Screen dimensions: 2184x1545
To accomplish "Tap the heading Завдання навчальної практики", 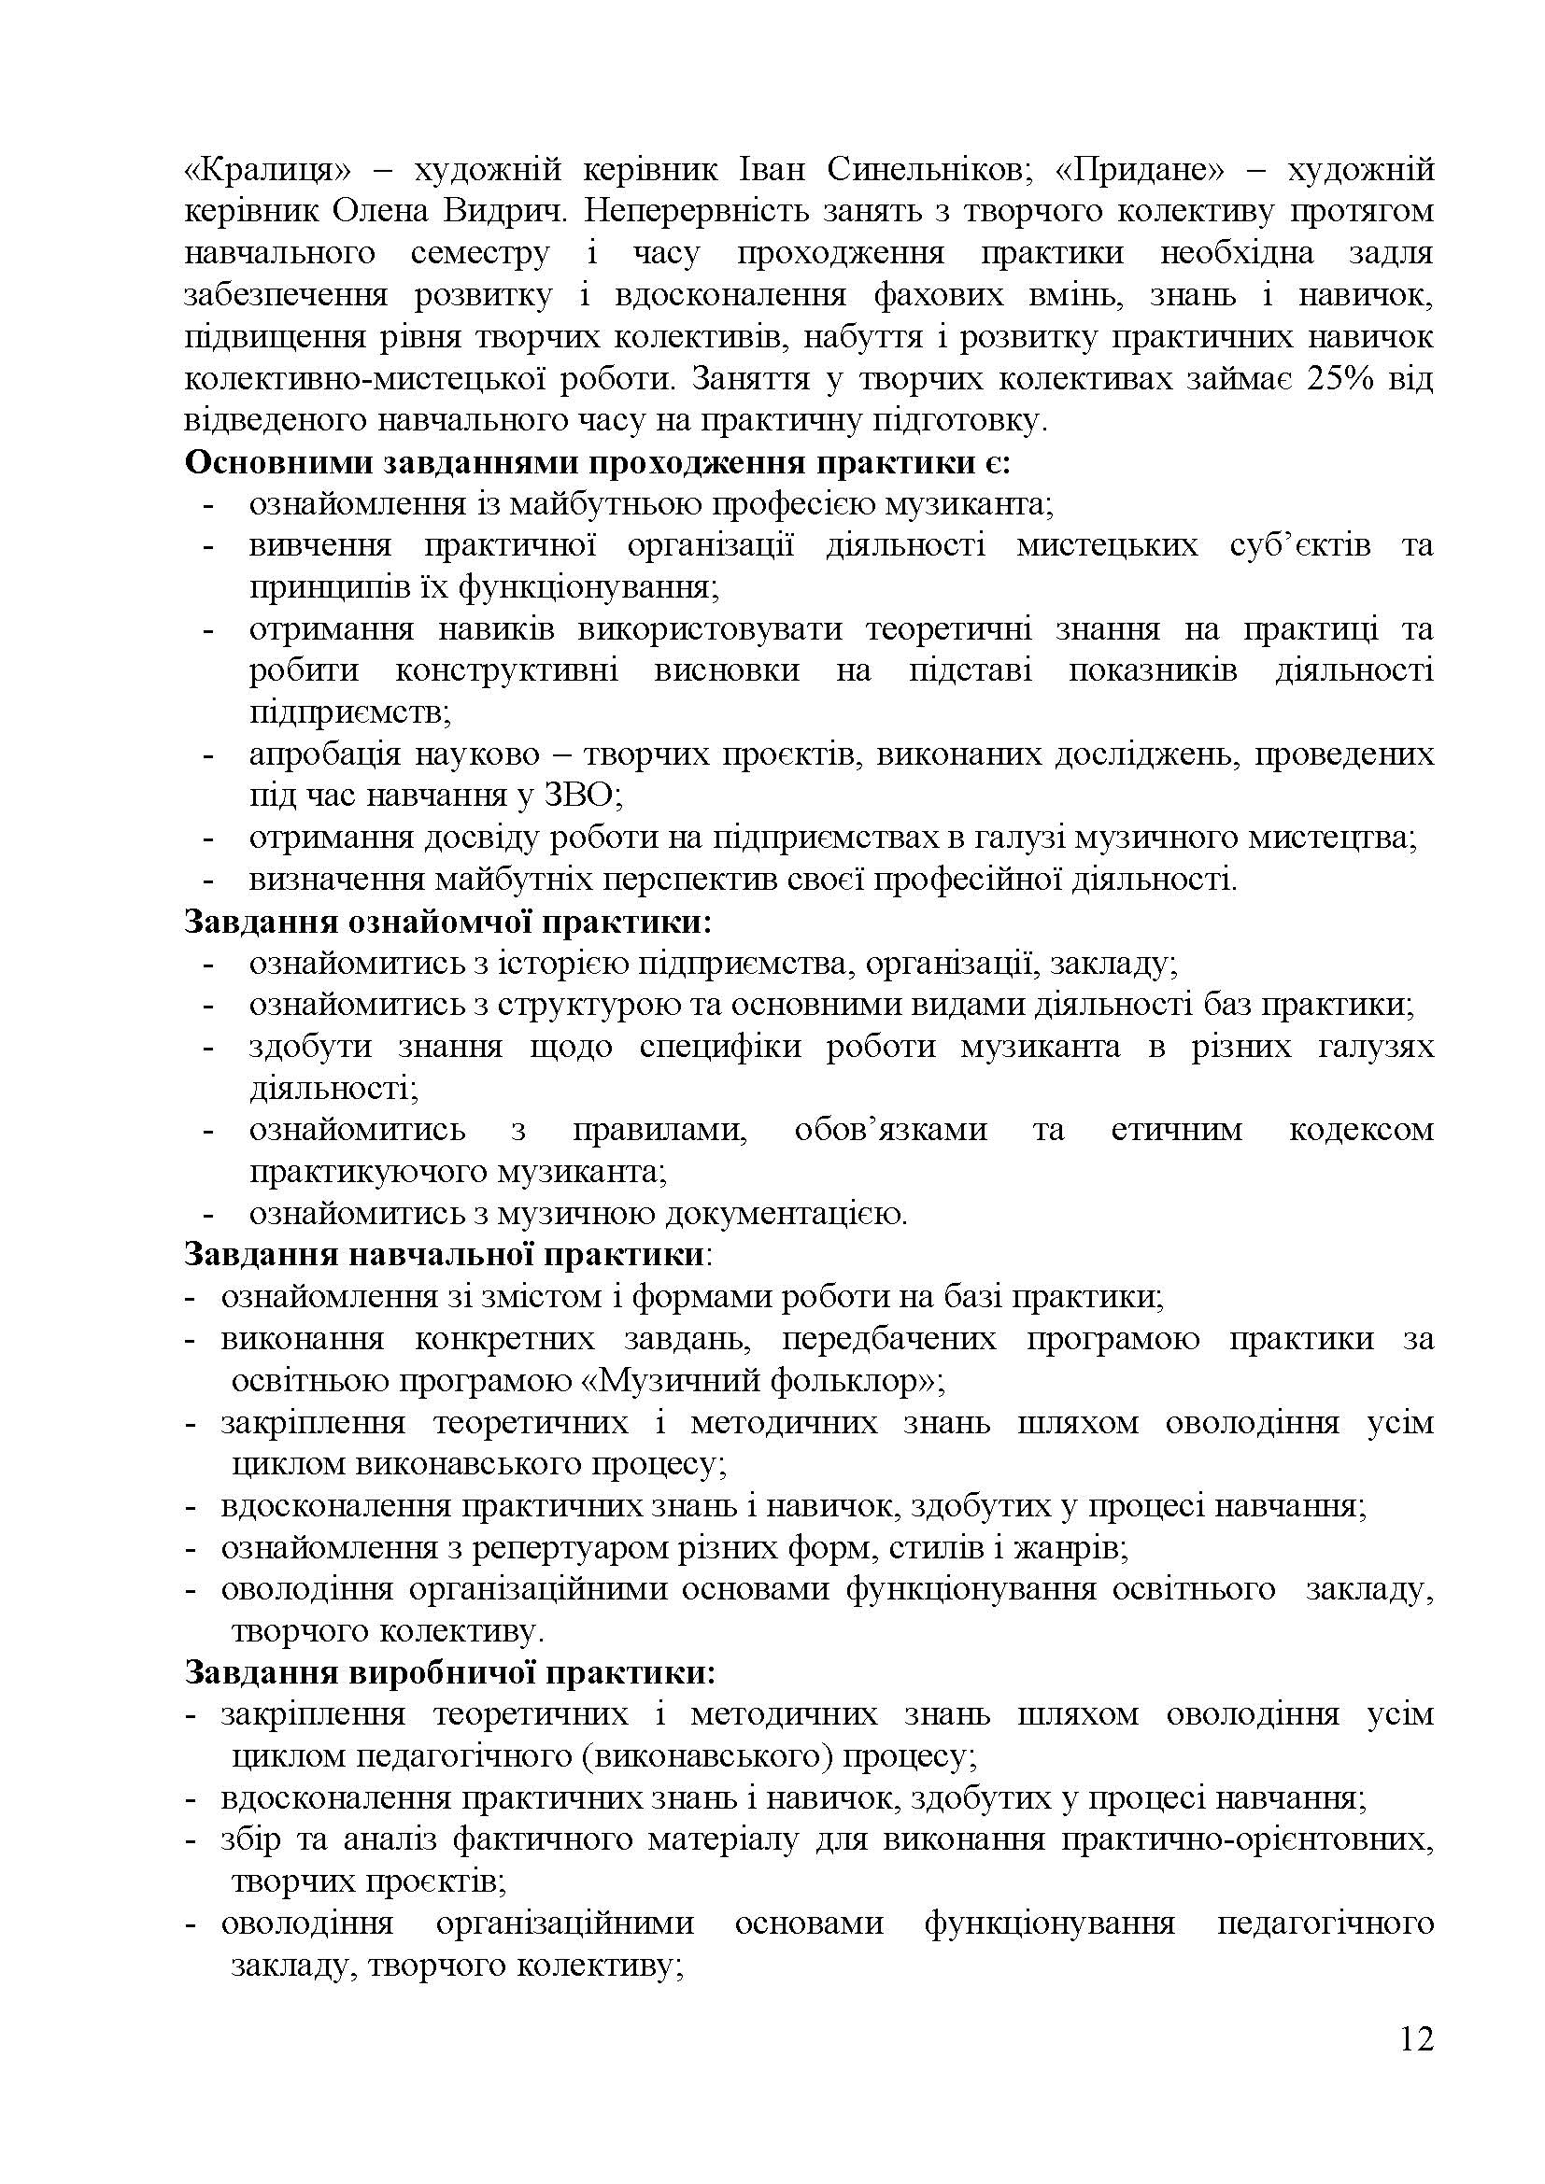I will [x=444, y=1255].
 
